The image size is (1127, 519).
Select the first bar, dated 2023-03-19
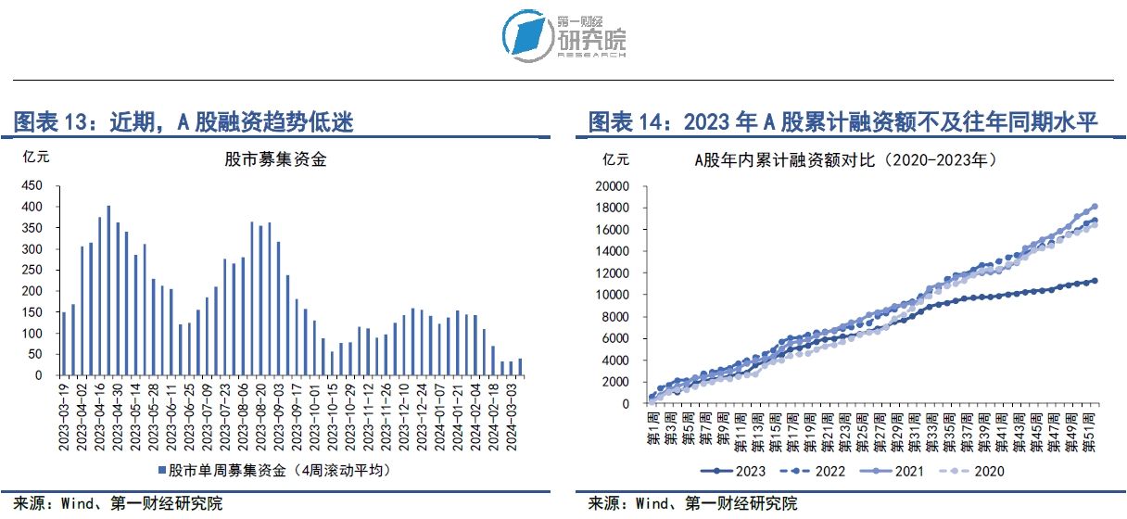64,343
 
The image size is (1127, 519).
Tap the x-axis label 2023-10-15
333,412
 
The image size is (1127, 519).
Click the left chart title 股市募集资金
275,159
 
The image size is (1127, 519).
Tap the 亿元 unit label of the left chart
35,156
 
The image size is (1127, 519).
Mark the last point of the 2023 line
1095,280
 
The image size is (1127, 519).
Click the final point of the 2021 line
1095,206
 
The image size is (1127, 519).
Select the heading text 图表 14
629,121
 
